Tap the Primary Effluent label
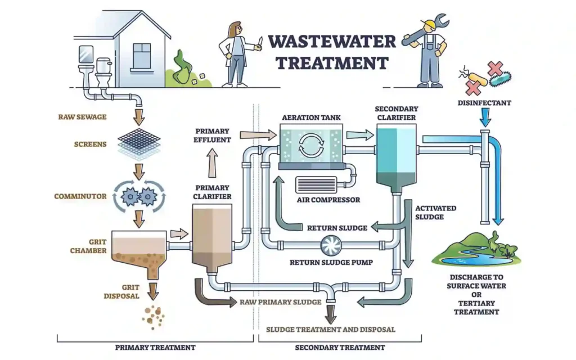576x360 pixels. pyautogui.click(x=212, y=136)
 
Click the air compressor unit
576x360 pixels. pyautogui.click(x=316, y=185)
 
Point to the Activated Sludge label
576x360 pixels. pyautogui.click(x=435, y=212)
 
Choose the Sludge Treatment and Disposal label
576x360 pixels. pyautogui.click(x=331, y=329)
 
